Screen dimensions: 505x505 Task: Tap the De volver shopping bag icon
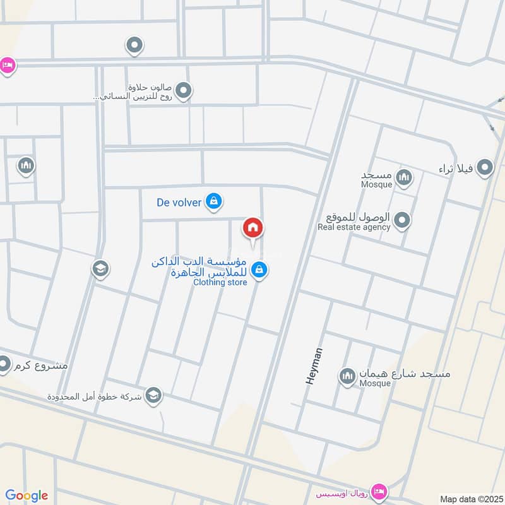214,201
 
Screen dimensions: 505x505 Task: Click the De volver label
179,203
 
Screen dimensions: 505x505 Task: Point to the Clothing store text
218,283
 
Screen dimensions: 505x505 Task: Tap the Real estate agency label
354,227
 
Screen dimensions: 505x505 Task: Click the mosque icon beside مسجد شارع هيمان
347,377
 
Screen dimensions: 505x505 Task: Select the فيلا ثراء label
456,169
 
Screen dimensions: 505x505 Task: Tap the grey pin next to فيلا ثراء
485,168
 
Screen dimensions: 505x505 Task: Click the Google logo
27,496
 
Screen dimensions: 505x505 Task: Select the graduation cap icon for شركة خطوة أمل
153,396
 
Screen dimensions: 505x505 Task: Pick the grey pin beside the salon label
183,92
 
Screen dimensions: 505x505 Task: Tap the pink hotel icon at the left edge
6,65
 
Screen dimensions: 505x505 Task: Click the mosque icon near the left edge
26,166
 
